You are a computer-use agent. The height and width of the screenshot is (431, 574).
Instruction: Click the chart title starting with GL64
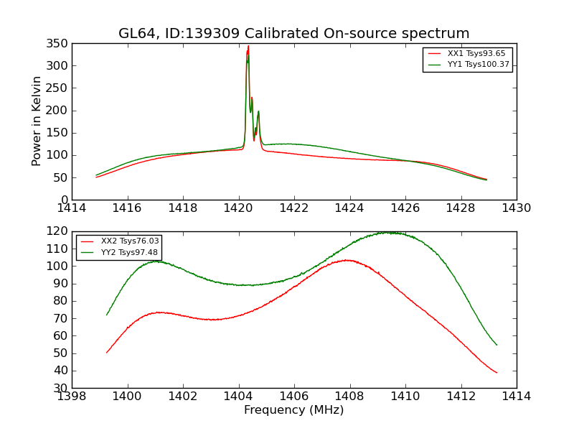click(x=294, y=34)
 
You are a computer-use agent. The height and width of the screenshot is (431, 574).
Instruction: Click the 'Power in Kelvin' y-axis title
click(x=37, y=121)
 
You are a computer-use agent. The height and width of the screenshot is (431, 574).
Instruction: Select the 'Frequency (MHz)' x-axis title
click(x=294, y=410)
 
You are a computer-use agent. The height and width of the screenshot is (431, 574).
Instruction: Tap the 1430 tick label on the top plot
click(x=516, y=208)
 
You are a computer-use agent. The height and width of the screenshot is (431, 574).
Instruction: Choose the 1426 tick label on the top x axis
click(x=405, y=208)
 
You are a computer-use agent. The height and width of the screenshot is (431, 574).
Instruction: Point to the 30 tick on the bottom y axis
click(x=62, y=388)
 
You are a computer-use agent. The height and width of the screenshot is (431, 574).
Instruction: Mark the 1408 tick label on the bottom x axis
click(x=349, y=397)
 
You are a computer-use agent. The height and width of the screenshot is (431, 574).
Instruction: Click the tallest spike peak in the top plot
click(x=248, y=47)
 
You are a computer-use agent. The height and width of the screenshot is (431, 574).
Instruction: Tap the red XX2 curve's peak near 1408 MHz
click(x=347, y=260)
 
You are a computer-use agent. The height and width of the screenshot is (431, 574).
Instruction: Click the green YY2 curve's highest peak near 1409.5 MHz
click(x=387, y=233)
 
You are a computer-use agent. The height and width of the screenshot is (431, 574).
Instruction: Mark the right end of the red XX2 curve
click(x=497, y=372)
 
